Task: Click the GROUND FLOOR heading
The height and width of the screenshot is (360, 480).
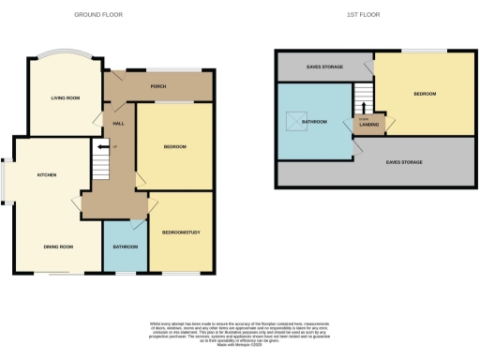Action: tap(98, 15)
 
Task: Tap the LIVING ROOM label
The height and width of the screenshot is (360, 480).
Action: tap(64, 97)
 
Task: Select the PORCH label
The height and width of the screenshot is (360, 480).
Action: tap(158, 87)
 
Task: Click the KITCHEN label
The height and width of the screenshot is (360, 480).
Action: tap(48, 174)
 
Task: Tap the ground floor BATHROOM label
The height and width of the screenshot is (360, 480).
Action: tap(125, 246)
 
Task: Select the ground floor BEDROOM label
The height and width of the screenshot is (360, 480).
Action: tap(174, 146)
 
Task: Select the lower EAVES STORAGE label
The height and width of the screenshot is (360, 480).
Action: tap(404, 162)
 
